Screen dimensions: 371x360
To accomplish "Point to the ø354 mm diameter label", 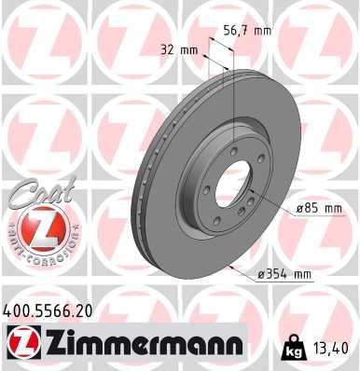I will coord(284,273).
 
